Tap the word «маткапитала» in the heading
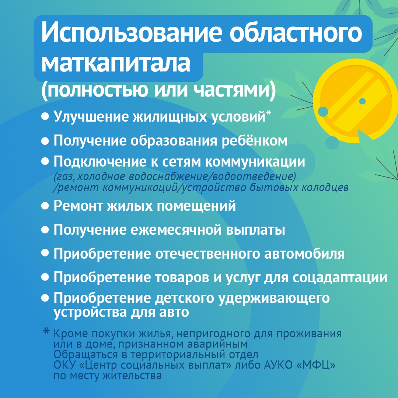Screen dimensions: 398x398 coord(116,62)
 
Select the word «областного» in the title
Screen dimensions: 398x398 coord(296,32)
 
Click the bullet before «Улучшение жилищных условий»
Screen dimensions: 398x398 coord(45,117)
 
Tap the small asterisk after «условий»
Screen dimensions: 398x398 coord(268,113)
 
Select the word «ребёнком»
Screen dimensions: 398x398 coord(255,140)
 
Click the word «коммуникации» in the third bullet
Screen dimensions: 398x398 coord(255,162)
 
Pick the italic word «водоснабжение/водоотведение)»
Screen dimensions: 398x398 coord(213,177)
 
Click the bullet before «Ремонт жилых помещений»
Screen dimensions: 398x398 coord(45,206)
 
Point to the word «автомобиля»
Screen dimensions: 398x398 coord(304,254)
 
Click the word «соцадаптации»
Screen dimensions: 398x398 coord(340,277)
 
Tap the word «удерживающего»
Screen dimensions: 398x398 coord(274,298)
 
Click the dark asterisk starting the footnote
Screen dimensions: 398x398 coord(46,331)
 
